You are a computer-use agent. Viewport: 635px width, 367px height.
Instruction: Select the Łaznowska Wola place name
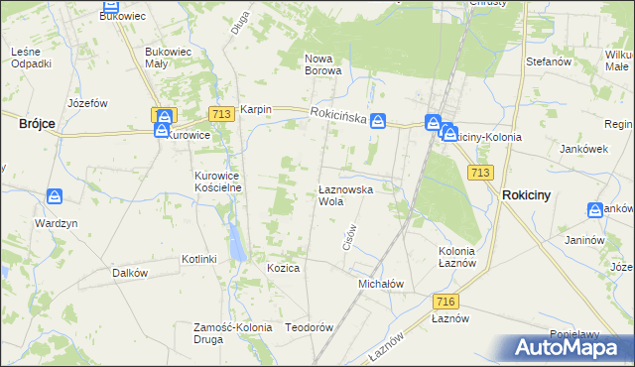344,194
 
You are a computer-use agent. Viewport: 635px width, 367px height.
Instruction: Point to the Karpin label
255,110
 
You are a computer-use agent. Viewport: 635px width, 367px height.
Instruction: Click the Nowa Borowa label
323,64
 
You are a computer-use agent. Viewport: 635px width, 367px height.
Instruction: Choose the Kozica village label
283,268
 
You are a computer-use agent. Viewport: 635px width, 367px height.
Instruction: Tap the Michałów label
380,283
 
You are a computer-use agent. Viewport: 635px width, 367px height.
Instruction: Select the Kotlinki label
198,259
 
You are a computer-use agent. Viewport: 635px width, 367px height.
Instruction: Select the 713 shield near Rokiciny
481,173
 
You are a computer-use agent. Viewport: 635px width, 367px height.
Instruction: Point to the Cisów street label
348,236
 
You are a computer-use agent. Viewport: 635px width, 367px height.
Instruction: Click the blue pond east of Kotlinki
235,240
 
